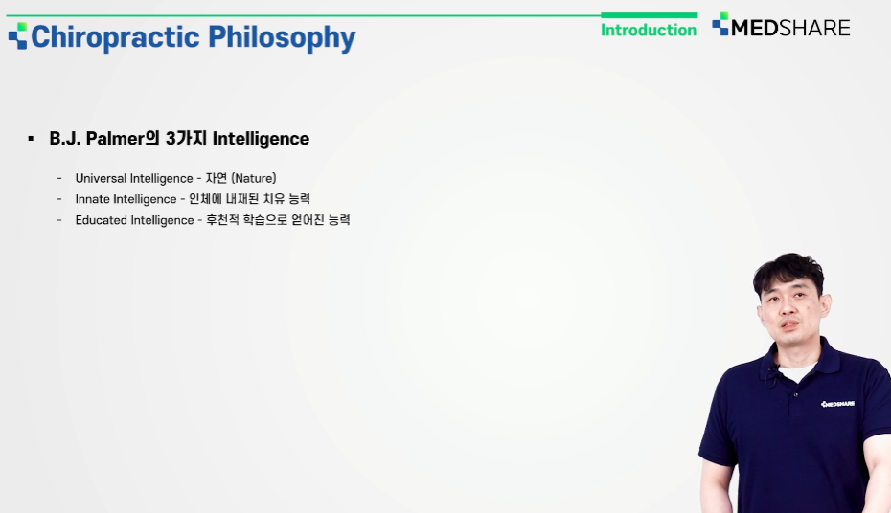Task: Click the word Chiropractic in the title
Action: [x=115, y=37]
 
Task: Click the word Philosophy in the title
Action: [x=282, y=37]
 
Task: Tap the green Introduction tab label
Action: [x=649, y=30]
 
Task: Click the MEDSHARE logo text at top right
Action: [x=790, y=28]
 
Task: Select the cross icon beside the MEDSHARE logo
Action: [x=720, y=24]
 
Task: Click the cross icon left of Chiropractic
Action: [x=17, y=35]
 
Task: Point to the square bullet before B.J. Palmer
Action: [x=31, y=139]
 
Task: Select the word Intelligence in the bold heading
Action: [x=261, y=139]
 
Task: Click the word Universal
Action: [x=102, y=178]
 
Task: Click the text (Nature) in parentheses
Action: [x=254, y=178]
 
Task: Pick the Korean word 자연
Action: [x=216, y=178]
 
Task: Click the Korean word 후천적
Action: [x=222, y=220]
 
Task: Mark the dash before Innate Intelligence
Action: [x=59, y=199]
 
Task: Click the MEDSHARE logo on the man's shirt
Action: [x=837, y=404]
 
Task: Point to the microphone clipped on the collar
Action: [x=771, y=375]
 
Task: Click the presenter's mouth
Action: [x=789, y=324]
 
